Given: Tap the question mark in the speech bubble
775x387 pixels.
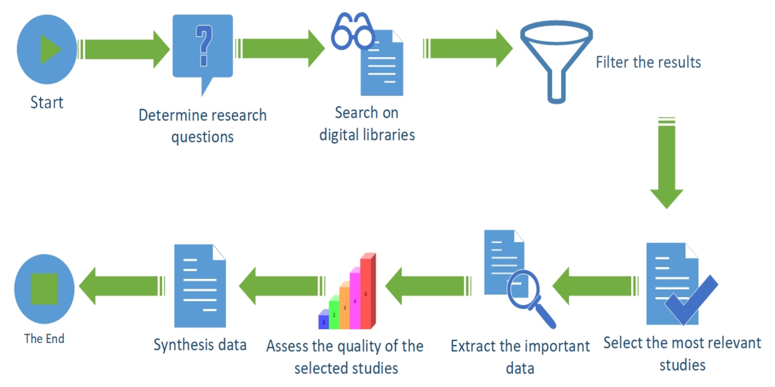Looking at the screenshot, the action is click(204, 45).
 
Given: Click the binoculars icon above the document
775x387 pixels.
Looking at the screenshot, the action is click(353, 31).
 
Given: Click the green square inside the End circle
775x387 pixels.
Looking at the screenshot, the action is click(44, 289).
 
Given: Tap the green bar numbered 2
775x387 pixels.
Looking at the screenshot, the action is click(334, 314).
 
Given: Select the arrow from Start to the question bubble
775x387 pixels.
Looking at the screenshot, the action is click(123, 49).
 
